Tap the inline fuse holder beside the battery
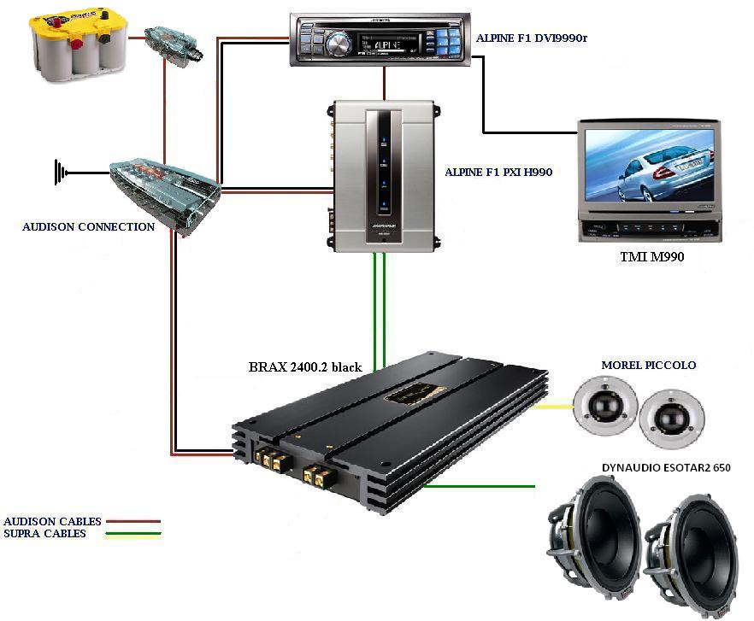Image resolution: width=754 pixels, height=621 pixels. (x=174, y=42)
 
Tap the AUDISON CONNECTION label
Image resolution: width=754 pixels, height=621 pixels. (x=89, y=227)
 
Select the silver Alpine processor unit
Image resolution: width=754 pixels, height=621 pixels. (x=382, y=175)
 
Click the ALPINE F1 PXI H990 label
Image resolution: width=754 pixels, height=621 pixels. (x=498, y=172)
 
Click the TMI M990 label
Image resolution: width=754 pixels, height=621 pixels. (x=651, y=255)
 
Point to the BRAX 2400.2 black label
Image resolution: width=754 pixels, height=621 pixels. (x=304, y=366)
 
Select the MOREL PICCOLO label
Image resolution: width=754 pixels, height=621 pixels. (x=649, y=365)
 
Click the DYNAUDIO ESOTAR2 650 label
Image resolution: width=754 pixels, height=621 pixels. (x=666, y=468)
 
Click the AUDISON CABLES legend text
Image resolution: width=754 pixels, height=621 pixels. (x=53, y=521)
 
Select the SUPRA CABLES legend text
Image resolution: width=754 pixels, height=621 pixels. (x=45, y=534)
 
